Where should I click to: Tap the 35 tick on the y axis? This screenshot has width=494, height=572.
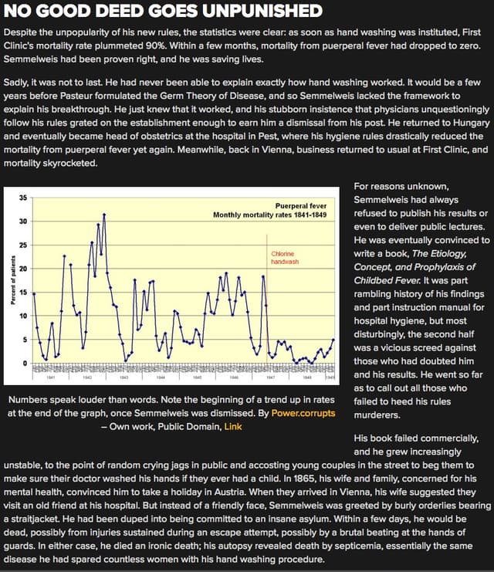(22, 176)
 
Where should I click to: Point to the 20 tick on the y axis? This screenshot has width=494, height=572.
(22, 269)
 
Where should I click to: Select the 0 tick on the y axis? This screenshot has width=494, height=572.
(24, 363)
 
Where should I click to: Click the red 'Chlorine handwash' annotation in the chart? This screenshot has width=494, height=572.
(284, 258)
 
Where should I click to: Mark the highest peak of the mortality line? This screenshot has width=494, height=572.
(103, 193)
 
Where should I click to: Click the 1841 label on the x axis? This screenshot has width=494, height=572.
(50, 378)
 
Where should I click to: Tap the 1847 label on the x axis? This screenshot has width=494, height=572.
(271, 378)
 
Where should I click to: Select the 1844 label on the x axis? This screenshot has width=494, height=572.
(161, 378)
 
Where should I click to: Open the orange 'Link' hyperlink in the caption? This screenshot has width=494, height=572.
(233, 426)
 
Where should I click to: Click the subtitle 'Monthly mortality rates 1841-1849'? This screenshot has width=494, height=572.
(270, 192)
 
